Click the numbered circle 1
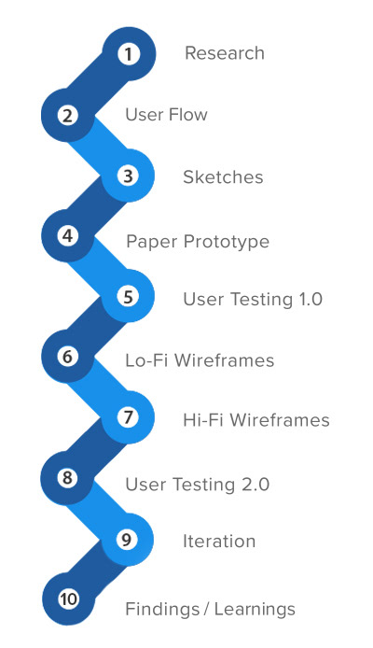point(129,54)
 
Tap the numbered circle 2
point(68,115)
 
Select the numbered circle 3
point(129,176)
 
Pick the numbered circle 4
point(68,236)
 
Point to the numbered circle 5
point(129,297)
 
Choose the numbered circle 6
point(68,357)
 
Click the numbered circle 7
point(129,417)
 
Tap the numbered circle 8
point(68,478)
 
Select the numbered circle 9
point(128,540)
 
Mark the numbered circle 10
point(68,599)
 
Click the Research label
point(225,53)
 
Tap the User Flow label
point(166,115)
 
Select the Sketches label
point(223,176)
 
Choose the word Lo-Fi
point(147,360)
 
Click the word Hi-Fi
point(204,420)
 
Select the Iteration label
point(219,541)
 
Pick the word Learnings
point(255,610)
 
